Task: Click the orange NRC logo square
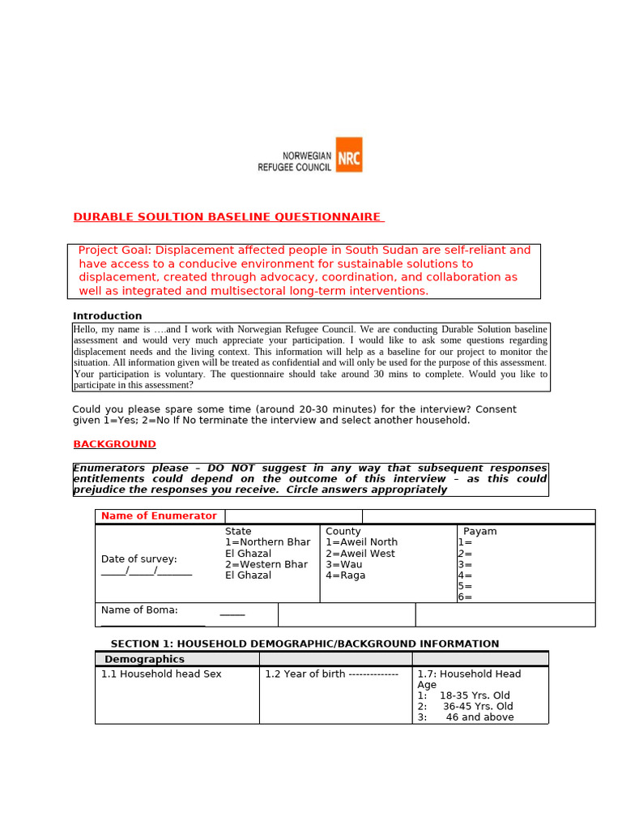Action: coord(349,155)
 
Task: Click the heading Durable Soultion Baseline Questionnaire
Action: coord(227,217)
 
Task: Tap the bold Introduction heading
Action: coord(107,316)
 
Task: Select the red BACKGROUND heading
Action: coord(114,444)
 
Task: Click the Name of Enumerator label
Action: coord(159,516)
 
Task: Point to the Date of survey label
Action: coord(138,559)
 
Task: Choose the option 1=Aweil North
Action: coord(361,542)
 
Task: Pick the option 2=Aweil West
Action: coord(360,554)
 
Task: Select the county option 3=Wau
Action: coord(343,564)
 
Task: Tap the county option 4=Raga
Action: coord(345,575)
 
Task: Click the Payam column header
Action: coord(479,532)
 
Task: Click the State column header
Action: coord(238,532)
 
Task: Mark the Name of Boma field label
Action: coord(139,610)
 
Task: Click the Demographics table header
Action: coord(144,659)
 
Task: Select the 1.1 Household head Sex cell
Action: coord(161,674)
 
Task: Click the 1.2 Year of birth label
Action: coord(305,674)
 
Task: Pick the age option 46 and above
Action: coord(479,717)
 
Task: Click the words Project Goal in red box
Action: coord(113,250)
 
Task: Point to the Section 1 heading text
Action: coord(305,644)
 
